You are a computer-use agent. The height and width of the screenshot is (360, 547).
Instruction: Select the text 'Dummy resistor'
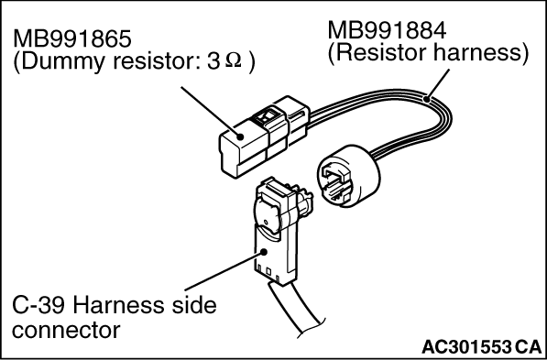click(x=93, y=64)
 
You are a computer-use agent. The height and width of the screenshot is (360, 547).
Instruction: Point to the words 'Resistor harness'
click(x=428, y=53)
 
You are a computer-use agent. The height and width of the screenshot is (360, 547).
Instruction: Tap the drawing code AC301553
click(x=466, y=347)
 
